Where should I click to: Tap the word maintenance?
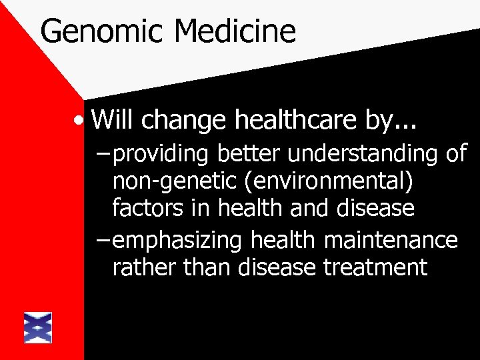(x=396, y=241)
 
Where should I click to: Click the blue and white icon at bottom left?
(x=37, y=327)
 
